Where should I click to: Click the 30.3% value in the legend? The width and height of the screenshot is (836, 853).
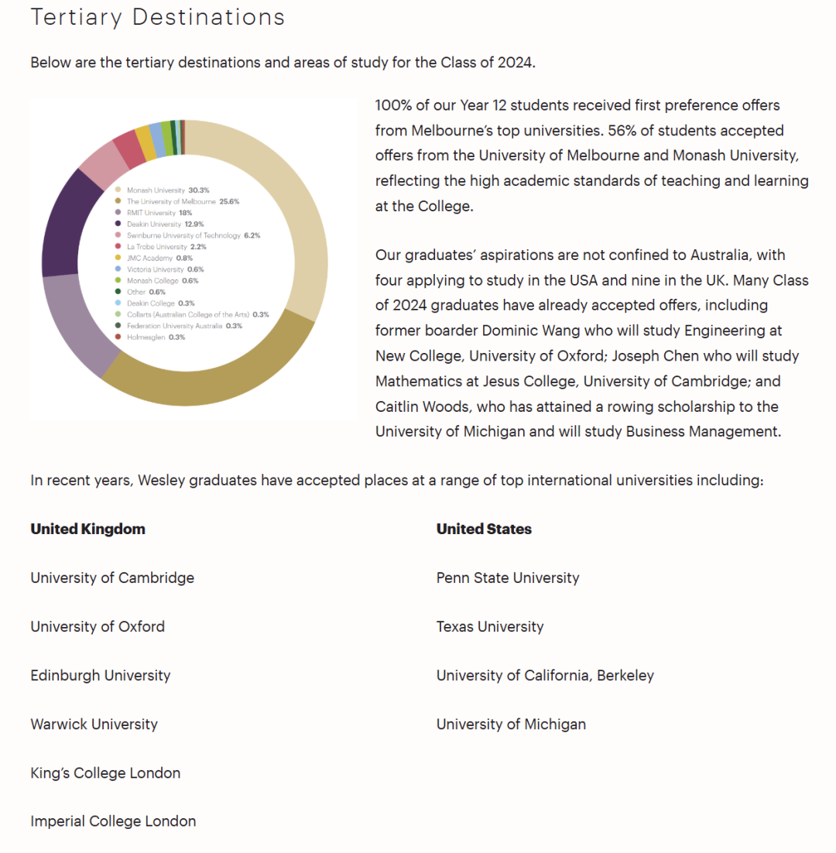click(x=199, y=190)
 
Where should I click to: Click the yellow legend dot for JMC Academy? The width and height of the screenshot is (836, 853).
click(x=118, y=258)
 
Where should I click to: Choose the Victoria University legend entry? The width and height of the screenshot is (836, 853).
click(x=154, y=269)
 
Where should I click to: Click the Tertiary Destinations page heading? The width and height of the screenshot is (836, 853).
click(x=158, y=17)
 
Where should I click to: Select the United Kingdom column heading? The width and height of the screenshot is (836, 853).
click(x=87, y=529)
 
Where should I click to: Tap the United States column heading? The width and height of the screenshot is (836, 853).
click(x=484, y=529)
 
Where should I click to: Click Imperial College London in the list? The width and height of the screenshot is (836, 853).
click(x=113, y=821)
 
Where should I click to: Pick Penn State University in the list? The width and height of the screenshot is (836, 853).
click(x=508, y=577)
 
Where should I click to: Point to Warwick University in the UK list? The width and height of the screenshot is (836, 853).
click(x=94, y=724)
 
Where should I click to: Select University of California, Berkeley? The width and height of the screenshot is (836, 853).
click(x=545, y=675)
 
